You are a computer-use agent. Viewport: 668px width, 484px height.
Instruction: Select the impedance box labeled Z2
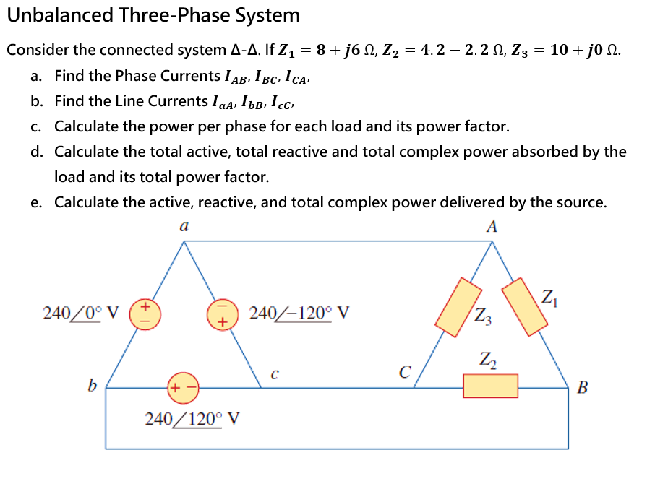[x=490, y=386]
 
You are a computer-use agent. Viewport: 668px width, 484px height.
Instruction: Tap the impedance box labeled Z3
[x=460, y=308]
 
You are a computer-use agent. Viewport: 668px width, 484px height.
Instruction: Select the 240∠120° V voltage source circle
[x=182, y=387]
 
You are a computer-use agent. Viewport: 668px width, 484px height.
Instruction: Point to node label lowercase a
[x=184, y=227]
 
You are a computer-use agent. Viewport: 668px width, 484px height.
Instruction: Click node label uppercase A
[x=492, y=227]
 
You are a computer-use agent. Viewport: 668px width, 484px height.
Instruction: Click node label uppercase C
[x=405, y=373]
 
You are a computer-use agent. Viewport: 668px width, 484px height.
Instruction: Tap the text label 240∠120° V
[x=192, y=419]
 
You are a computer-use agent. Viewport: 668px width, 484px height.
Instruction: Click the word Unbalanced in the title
[x=61, y=15]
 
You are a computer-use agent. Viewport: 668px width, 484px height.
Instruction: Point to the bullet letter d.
[x=36, y=152]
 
